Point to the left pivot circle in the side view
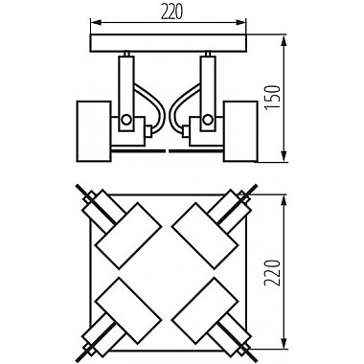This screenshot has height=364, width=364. (125, 120)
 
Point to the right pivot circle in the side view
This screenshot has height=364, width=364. (206, 120)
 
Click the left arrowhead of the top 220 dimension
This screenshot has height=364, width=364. (91, 24)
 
